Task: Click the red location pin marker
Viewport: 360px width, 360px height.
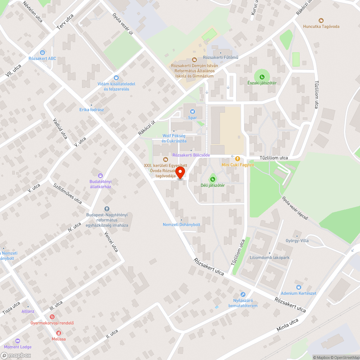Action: pos(180,172)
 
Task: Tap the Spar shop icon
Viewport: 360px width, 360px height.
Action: pos(192,111)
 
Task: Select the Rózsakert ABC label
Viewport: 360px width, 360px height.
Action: pos(42,58)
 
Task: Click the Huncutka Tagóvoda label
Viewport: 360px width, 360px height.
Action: pos(321,26)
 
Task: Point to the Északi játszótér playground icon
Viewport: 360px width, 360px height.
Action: pos(262,76)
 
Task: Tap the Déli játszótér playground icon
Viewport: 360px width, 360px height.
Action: pos(212,179)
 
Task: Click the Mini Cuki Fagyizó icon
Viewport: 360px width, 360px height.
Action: pos(237,158)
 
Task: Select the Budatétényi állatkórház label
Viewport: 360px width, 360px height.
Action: pos(100,184)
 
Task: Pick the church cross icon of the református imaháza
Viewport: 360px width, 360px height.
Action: pos(107,209)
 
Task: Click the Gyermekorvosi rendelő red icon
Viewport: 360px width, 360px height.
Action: pos(52,317)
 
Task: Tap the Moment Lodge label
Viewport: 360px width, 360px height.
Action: pos(18,347)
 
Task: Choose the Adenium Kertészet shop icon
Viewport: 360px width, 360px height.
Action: pos(298,287)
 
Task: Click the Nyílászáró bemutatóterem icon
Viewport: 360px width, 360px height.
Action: pos(243,294)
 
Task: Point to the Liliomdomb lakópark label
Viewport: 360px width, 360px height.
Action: pos(269,258)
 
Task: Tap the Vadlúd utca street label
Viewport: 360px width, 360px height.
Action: pos(60,129)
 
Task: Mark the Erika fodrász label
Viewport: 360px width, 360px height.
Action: pos(91,109)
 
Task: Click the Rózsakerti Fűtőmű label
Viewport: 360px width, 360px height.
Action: pos(221,57)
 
